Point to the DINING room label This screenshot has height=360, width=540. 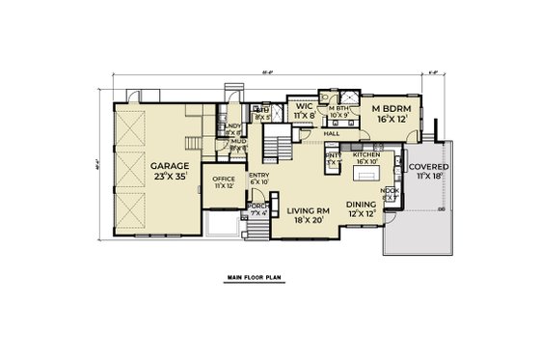tap(362, 204)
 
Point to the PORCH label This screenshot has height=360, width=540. tap(257, 206)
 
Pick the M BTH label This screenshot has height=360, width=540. tap(337, 108)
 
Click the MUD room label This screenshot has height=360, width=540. tap(236, 141)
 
